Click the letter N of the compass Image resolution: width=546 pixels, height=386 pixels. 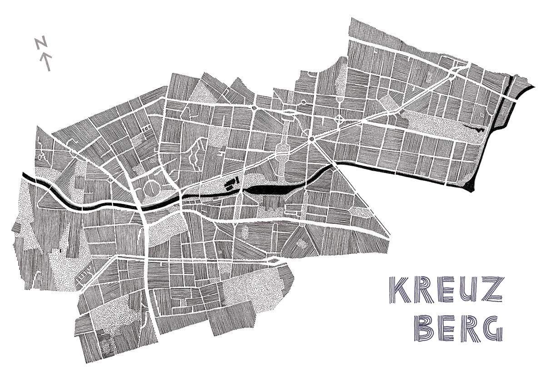coord(40,44)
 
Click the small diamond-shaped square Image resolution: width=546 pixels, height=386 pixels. coord(340,119)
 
